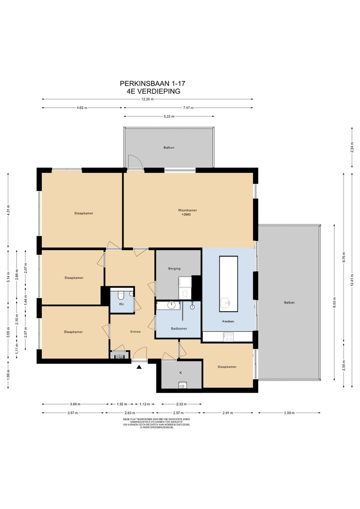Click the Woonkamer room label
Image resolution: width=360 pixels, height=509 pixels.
click(187, 210)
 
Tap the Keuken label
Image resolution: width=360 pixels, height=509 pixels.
click(228, 321)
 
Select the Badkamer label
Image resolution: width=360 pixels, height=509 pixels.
click(179, 328)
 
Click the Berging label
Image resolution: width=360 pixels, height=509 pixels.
click(174, 269)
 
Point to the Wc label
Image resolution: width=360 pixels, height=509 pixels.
click(122, 304)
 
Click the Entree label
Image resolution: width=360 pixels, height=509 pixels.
click(135, 332)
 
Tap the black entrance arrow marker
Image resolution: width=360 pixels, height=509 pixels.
click(139, 367)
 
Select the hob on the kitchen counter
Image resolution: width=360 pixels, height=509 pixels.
click(228, 337)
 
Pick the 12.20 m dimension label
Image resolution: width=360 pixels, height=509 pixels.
click(147, 99)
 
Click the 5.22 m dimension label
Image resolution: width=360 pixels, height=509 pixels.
click(169, 116)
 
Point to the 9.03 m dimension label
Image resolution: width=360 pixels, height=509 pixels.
click(334, 302)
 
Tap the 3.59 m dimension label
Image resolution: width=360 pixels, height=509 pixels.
click(289, 413)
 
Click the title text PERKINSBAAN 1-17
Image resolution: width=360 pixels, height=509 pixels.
click(152, 84)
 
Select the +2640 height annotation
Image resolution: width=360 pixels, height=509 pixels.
click(186, 214)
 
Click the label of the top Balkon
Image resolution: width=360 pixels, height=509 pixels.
click(169, 147)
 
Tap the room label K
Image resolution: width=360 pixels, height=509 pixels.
click(181, 373)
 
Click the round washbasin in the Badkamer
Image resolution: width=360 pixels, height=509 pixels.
click(171, 305)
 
